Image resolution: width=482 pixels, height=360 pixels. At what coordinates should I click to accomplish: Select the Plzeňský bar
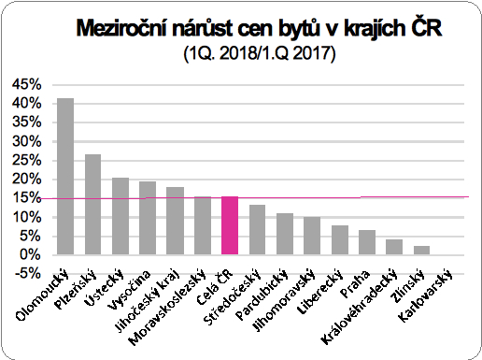click(x=92, y=204)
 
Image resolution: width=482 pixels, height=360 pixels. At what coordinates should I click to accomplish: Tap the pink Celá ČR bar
click(x=230, y=225)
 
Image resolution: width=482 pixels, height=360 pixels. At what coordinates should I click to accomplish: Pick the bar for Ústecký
click(x=120, y=216)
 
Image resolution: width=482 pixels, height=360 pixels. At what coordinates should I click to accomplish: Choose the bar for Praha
click(x=367, y=242)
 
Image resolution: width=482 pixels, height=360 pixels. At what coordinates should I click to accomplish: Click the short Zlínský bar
click(x=422, y=250)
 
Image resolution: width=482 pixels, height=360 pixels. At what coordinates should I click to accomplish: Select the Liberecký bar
click(x=340, y=239)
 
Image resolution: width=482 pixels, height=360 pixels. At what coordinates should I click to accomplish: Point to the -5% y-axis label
click(x=26, y=274)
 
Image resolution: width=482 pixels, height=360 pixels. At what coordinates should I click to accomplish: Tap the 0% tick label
click(x=30, y=255)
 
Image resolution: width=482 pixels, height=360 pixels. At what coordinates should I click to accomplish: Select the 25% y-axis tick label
click(x=26, y=160)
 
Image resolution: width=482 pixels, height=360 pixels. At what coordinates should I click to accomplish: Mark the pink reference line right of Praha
click(x=411, y=197)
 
